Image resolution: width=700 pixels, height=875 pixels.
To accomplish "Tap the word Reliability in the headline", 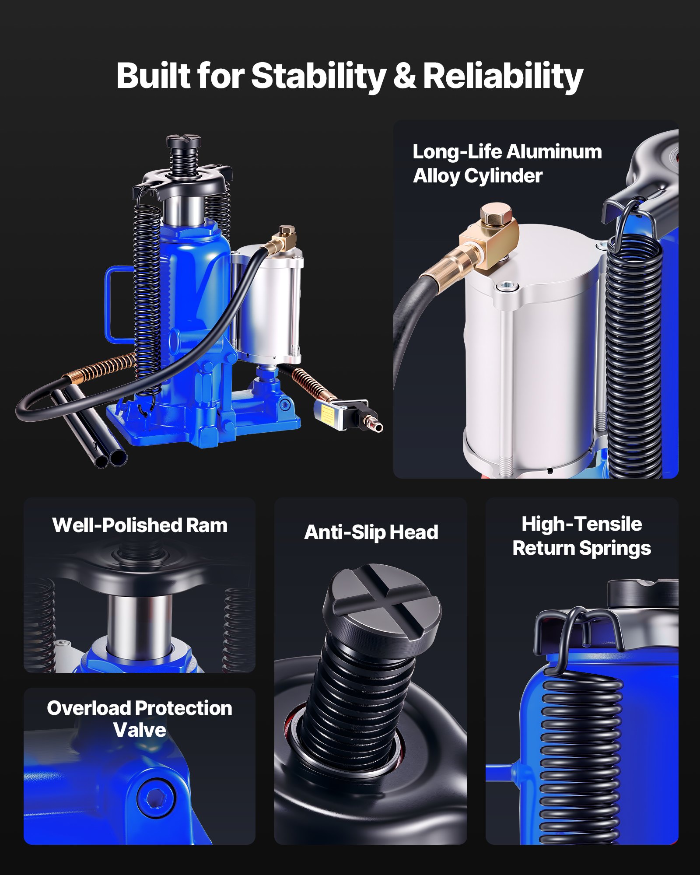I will click(503, 76).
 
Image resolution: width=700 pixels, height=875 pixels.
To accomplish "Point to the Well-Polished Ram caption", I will click(140, 525).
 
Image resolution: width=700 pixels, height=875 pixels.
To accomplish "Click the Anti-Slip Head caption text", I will click(371, 532).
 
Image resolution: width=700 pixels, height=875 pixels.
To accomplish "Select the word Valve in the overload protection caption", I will click(140, 730).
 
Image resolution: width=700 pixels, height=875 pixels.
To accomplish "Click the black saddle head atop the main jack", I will click(183, 141).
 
